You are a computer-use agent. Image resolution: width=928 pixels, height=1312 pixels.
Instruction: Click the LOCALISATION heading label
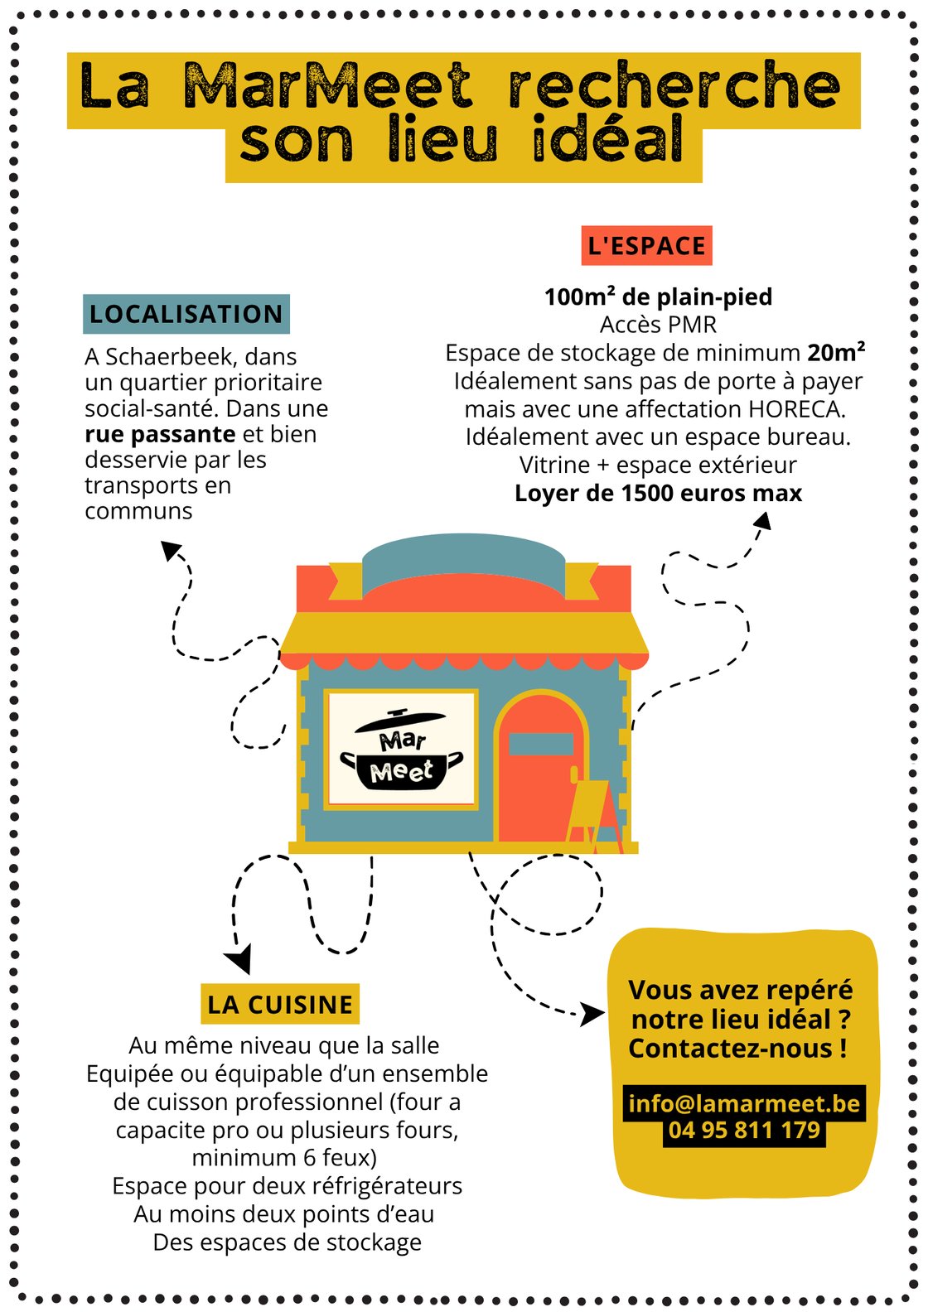(x=186, y=314)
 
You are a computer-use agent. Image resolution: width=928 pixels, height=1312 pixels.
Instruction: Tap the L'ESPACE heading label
(x=646, y=245)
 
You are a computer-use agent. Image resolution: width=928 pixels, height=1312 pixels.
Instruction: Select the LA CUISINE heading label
(x=280, y=1004)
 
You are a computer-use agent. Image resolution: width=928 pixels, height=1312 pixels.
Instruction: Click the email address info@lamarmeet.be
(x=744, y=1103)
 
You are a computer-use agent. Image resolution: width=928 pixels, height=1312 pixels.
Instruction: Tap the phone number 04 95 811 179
(x=744, y=1130)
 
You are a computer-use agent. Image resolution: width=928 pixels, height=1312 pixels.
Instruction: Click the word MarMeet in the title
(x=327, y=86)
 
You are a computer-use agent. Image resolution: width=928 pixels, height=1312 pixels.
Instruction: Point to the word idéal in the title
(x=607, y=139)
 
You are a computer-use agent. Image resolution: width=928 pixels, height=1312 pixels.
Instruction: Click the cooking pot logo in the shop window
(x=402, y=750)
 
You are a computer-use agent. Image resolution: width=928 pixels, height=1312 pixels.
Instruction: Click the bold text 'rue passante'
(x=160, y=435)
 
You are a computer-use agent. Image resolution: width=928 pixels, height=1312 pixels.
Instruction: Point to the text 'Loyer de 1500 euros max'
(x=658, y=493)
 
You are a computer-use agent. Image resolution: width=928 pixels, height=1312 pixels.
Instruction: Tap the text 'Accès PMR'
(x=658, y=325)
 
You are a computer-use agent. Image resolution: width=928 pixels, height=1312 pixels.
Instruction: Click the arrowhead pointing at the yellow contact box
(x=592, y=1014)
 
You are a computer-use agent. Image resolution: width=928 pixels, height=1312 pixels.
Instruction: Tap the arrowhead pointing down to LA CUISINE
(x=239, y=958)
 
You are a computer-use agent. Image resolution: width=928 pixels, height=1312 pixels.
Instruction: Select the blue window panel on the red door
(x=541, y=744)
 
